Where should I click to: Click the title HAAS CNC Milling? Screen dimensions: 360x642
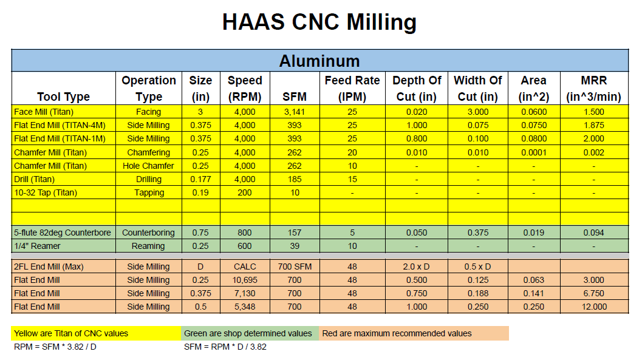coord(319,22)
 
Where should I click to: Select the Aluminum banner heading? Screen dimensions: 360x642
coord(319,61)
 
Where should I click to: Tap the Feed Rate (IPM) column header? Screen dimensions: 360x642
coord(352,88)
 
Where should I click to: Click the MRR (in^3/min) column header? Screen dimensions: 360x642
coord(593,88)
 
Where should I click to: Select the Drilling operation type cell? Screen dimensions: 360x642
coord(149,179)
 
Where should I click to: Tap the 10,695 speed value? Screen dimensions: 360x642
coord(245,280)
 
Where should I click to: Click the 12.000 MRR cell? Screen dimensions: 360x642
coord(593,307)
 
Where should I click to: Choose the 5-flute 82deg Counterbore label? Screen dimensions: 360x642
coord(63,233)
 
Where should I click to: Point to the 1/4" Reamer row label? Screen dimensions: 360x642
coord(37,246)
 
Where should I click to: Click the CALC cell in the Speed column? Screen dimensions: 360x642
coord(245,267)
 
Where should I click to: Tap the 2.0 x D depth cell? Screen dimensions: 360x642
coord(416,267)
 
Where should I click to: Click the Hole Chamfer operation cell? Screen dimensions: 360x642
coord(149,166)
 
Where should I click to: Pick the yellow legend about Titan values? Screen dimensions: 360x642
coord(71,333)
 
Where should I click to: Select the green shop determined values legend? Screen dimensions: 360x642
coord(248,333)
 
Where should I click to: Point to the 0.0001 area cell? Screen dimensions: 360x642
coord(533,152)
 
